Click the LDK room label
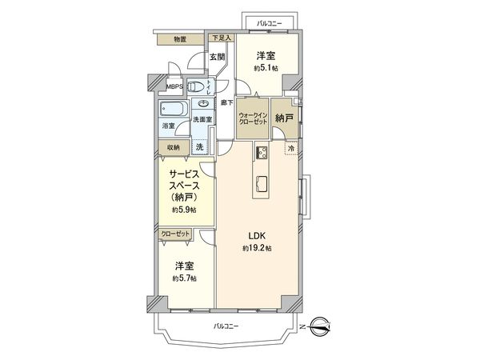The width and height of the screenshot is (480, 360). point(256,235)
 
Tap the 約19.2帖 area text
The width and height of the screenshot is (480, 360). point(256,249)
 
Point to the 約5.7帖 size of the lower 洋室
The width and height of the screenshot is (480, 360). point(184,278)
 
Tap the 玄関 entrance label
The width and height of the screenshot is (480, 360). point(217,57)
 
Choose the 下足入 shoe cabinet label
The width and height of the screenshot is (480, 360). point(221,38)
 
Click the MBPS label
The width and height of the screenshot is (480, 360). point(174,86)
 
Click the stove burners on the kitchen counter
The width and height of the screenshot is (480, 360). point(262,154)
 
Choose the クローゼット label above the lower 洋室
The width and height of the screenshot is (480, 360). point(175,233)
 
